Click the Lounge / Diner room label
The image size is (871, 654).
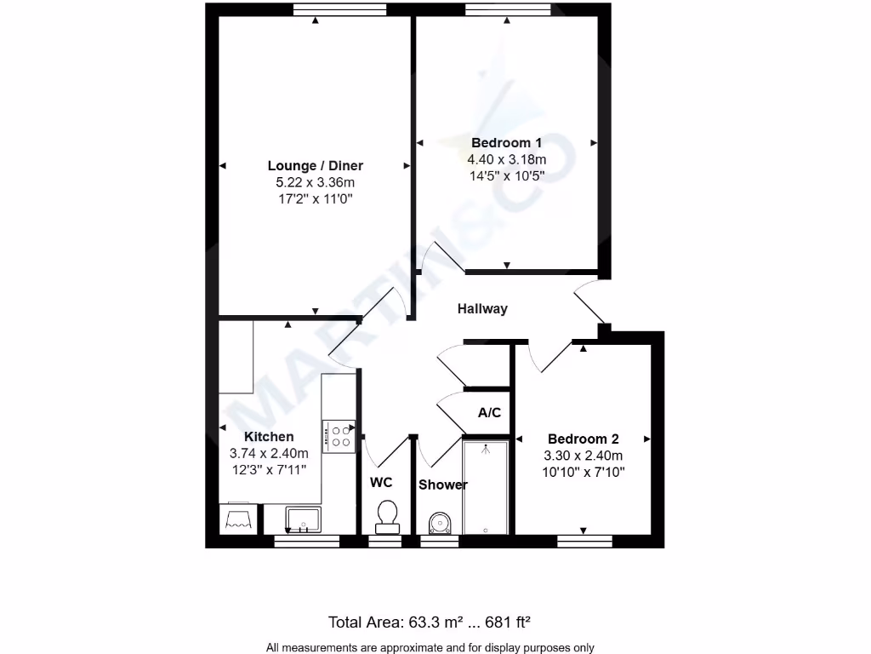(x=316, y=166)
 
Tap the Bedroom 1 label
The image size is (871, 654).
(x=506, y=143)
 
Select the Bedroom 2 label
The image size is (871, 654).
(x=584, y=439)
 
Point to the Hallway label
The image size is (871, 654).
(x=482, y=309)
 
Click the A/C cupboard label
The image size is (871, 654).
(x=489, y=413)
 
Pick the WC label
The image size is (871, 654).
(x=381, y=482)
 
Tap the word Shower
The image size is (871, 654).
(x=442, y=485)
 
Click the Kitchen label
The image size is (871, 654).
(x=269, y=437)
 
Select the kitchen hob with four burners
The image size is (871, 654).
(x=338, y=436)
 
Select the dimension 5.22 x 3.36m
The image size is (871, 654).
(x=316, y=182)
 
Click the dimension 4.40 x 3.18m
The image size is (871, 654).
(x=506, y=159)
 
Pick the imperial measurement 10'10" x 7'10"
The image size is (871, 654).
(x=584, y=471)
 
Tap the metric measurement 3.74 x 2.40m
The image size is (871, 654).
(x=269, y=453)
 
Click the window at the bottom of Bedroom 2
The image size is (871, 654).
(x=584, y=540)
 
